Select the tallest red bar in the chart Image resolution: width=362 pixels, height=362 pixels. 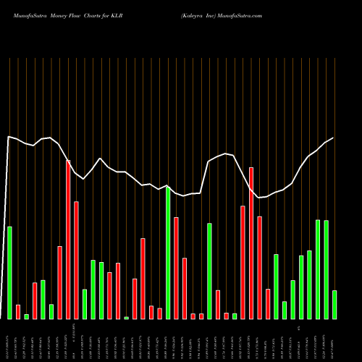68,239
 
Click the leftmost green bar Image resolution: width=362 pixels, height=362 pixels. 9,272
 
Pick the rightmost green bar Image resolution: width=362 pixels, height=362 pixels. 334,304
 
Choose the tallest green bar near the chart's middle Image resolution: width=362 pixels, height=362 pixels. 168,253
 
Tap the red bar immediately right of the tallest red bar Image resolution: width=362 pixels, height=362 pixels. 76,260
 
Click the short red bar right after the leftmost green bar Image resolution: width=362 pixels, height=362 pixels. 18,311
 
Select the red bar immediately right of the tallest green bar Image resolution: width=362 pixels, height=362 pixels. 176,268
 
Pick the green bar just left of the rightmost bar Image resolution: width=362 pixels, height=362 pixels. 326,269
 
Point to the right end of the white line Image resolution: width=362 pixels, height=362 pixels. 333,138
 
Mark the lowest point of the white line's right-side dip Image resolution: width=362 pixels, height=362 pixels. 259,198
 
